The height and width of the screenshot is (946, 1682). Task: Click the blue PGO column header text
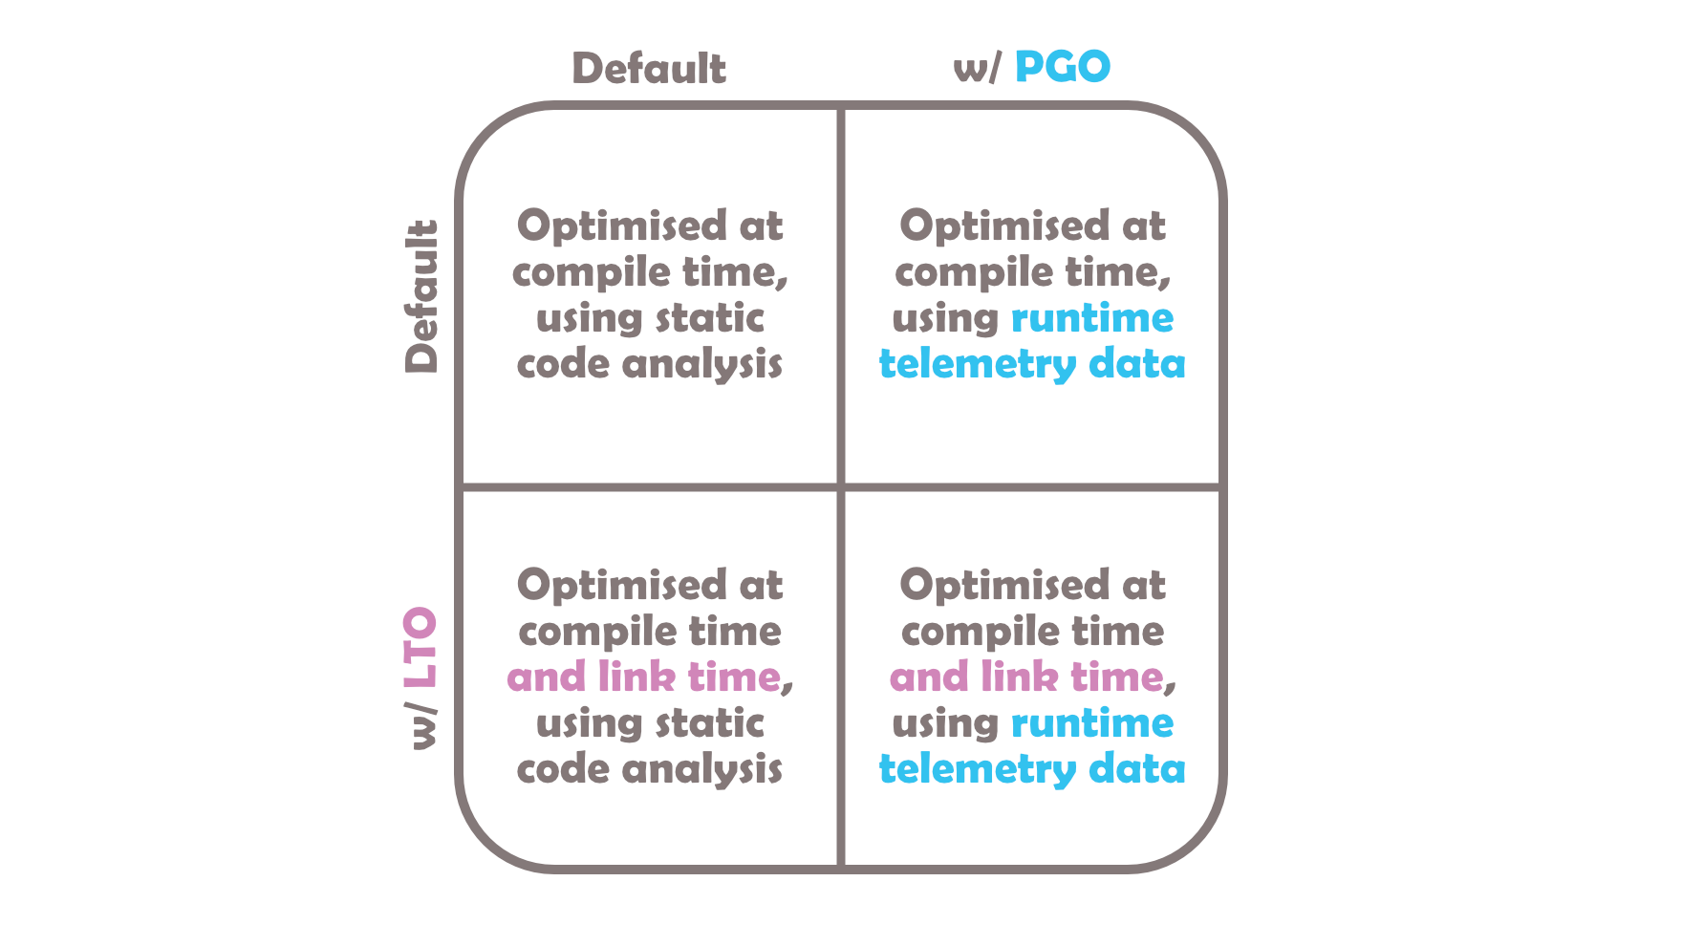(x=1063, y=67)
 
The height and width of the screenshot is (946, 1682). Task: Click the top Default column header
(x=649, y=69)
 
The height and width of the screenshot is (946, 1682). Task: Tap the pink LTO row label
(x=420, y=648)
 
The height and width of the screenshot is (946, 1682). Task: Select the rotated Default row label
(x=420, y=296)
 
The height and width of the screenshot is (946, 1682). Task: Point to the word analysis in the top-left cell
(x=702, y=365)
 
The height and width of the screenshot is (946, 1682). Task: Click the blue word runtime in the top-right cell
(x=1092, y=318)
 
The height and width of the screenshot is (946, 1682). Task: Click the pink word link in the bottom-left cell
(x=636, y=677)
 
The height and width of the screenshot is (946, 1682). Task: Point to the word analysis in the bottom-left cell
(x=702, y=770)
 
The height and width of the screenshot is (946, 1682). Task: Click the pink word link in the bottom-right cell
(x=1019, y=677)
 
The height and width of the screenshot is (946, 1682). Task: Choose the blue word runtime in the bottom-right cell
(x=1092, y=723)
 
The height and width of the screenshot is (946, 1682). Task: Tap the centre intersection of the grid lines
(x=841, y=487)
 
